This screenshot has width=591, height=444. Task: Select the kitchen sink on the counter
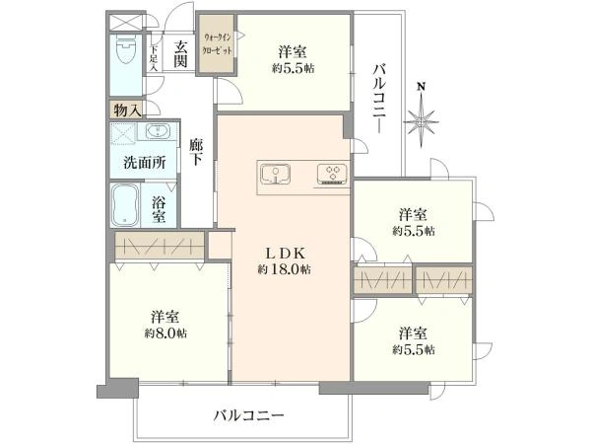pyautogui.click(x=277, y=176)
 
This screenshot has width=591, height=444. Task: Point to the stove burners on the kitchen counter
pyautogui.click(x=332, y=176)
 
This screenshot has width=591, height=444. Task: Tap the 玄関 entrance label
pyautogui.click(x=181, y=53)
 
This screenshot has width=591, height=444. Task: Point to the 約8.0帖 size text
pyautogui.click(x=165, y=333)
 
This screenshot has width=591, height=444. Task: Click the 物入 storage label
pyautogui.click(x=127, y=110)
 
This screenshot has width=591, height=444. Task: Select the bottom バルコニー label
pyautogui.click(x=248, y=415)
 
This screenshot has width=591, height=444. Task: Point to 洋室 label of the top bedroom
pyautogui.click(x=291, y=51)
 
